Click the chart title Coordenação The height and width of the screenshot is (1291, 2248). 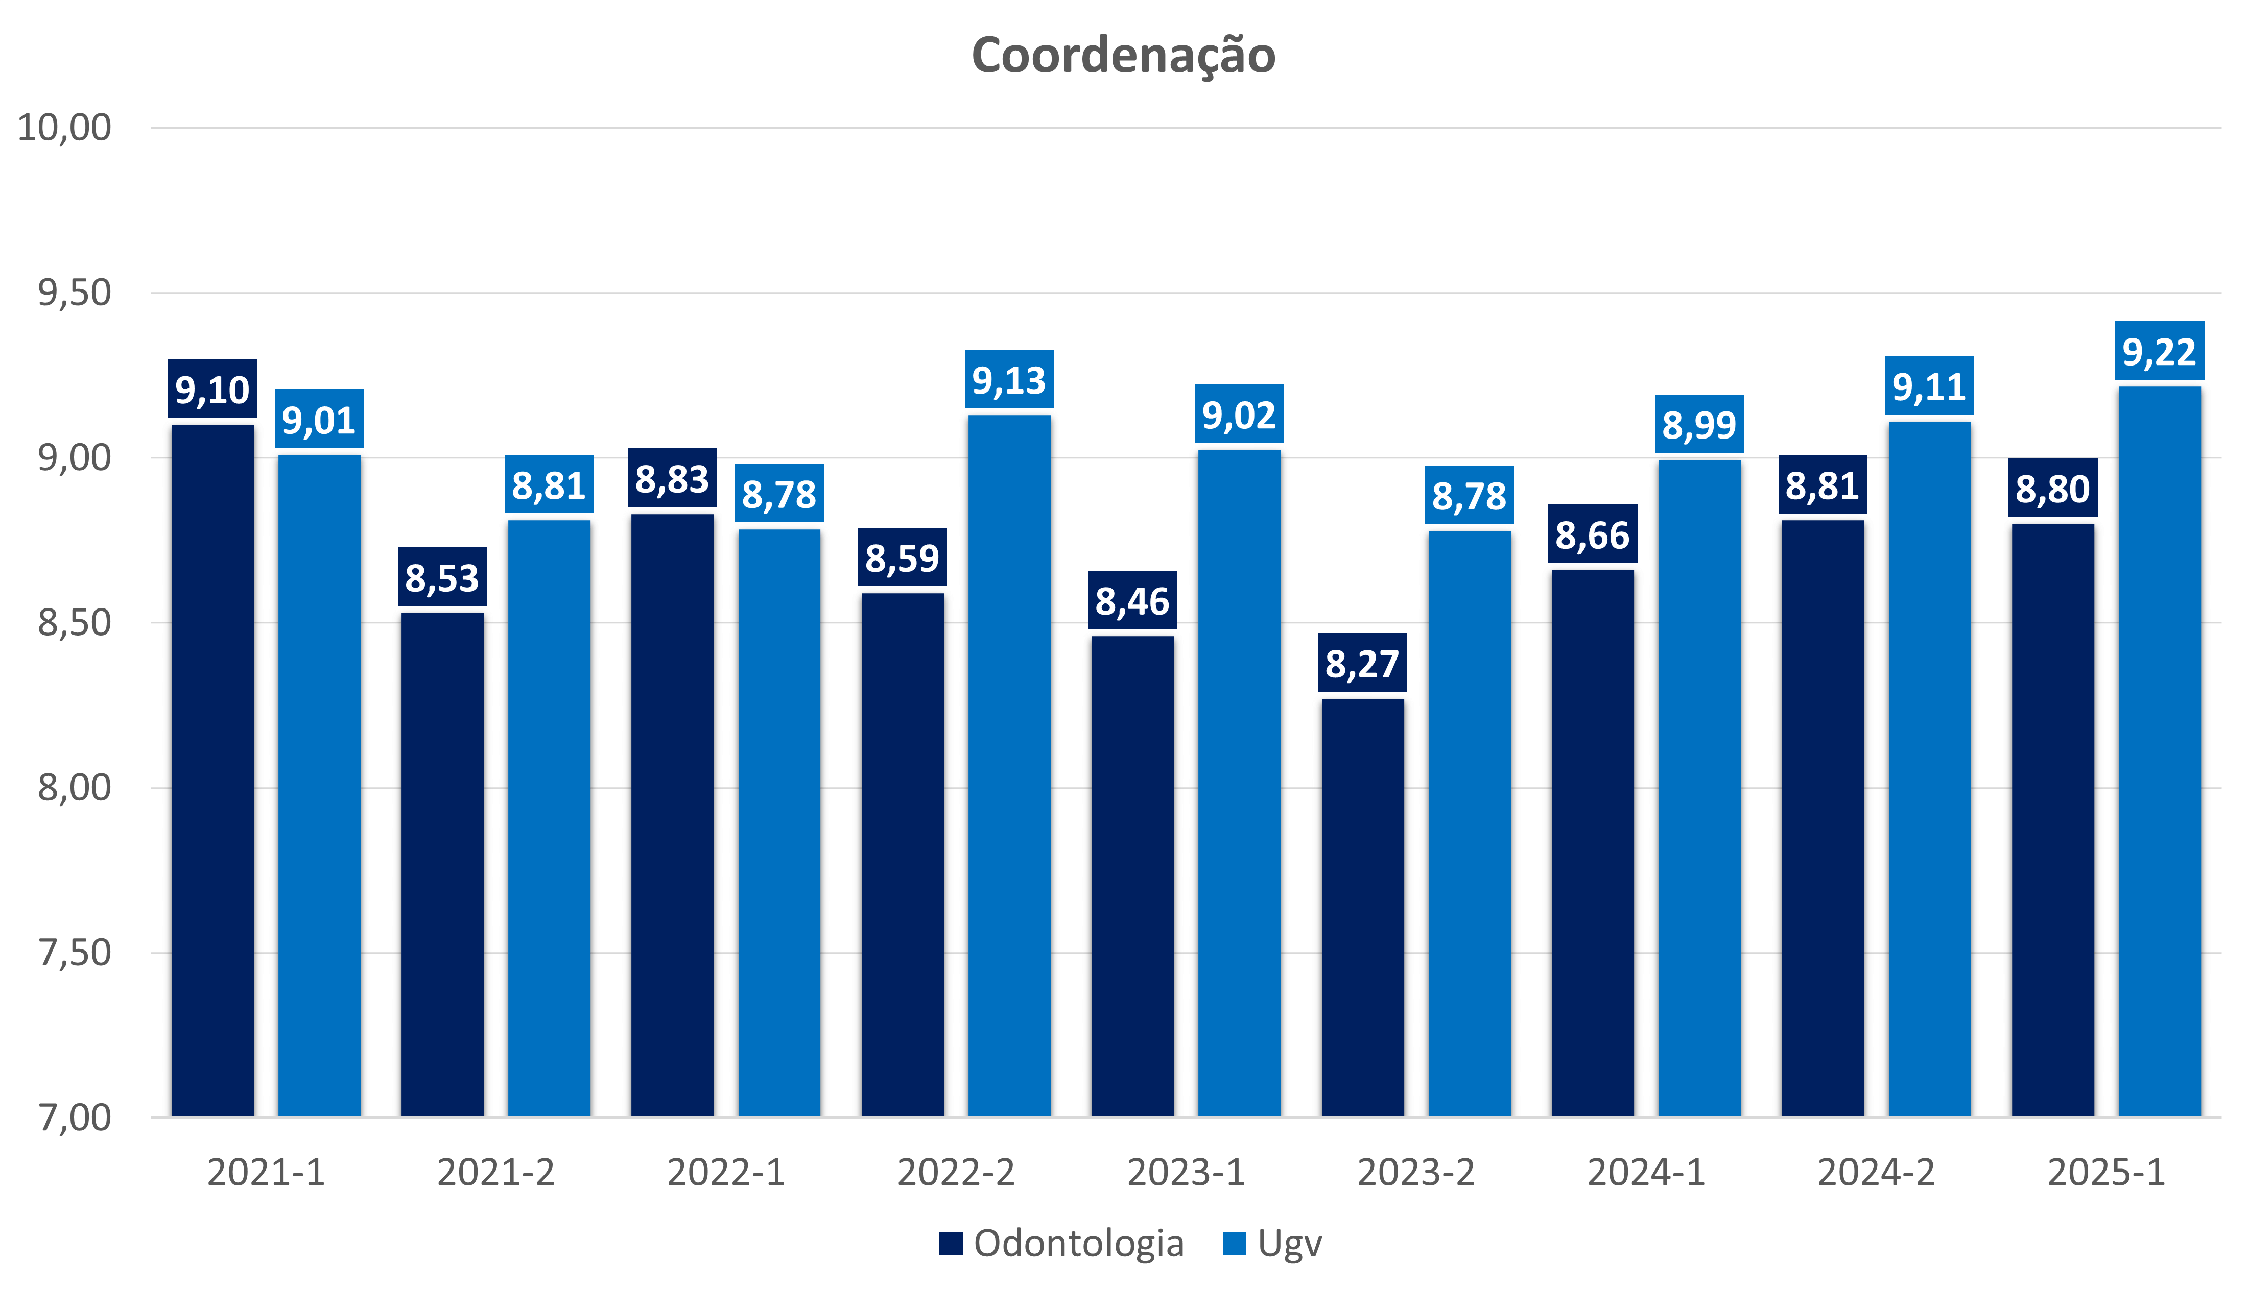pos(1123,55)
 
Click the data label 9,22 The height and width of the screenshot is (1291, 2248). pos(2159,352)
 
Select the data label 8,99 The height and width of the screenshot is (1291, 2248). pos(1699,425)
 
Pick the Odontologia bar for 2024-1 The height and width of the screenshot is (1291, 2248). pos(1593,842)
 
